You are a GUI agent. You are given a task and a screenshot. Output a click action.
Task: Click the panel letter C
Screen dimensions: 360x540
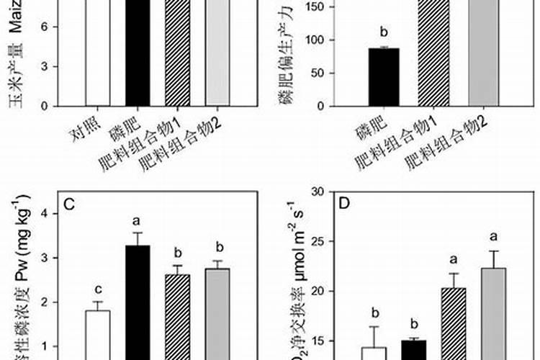click(x=70, y=204)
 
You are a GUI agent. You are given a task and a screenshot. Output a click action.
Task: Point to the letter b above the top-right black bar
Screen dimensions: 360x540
click(x=383, y=32)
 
